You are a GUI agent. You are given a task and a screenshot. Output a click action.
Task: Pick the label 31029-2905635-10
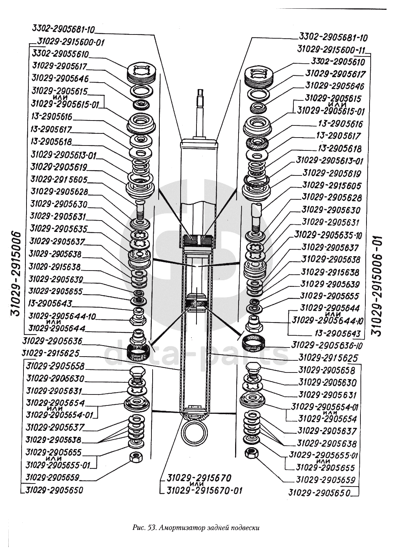point(328,235)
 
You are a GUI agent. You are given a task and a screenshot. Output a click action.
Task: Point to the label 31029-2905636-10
point(327,346)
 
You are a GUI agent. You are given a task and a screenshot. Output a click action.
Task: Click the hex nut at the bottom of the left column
point(135,457)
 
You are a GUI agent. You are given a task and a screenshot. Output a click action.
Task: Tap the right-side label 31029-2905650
point(319,493)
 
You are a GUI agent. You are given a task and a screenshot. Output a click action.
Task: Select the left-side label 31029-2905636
point(52,341)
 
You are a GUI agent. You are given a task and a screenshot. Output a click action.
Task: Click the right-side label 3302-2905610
point(338,62)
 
